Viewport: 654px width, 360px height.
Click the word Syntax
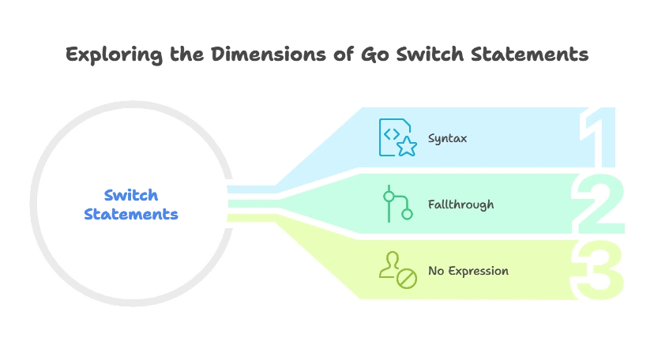[x=447, y=138]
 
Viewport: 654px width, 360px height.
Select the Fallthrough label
[x=460, y=204]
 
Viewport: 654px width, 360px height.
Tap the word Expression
[x=479, y=271]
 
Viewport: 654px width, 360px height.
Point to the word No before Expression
[x=437, y=271]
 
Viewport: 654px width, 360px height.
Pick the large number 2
[x=598, y=204]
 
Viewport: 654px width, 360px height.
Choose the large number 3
[x=598, y=271]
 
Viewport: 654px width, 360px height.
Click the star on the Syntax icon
[x=407, y=146]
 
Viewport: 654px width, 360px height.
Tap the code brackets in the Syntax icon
[x=392, y=133]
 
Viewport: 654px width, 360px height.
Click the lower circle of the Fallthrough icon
[x=408, y=213]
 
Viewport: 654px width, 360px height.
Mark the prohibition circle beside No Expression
[x=407, y=278]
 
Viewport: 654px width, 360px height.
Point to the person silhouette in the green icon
[x=389, y=266]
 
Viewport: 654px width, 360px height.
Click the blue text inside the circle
[x=132, y=204]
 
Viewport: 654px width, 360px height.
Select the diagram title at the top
[x=327, y=55]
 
